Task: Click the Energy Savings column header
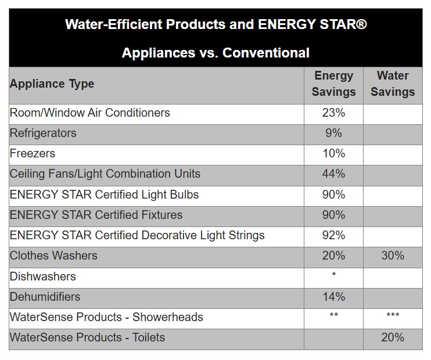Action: [333, 84]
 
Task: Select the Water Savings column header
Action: [393, 84]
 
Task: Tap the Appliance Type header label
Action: [52, 84]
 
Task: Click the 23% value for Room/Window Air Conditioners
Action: [333, 113]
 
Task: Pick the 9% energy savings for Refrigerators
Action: [333, 133]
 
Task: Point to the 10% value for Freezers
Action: [333, 153]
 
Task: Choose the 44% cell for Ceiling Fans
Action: [333, 174]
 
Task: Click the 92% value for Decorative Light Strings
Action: [333, 235]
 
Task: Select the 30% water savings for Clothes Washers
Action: [393, 255]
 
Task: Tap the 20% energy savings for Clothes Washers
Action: [333, 255]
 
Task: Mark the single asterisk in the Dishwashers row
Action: [333, 275]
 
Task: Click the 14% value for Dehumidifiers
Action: [333, 297]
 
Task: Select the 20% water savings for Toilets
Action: [393, 337]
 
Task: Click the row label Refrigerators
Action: [43, 133]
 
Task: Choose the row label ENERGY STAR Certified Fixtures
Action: [96, 215]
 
